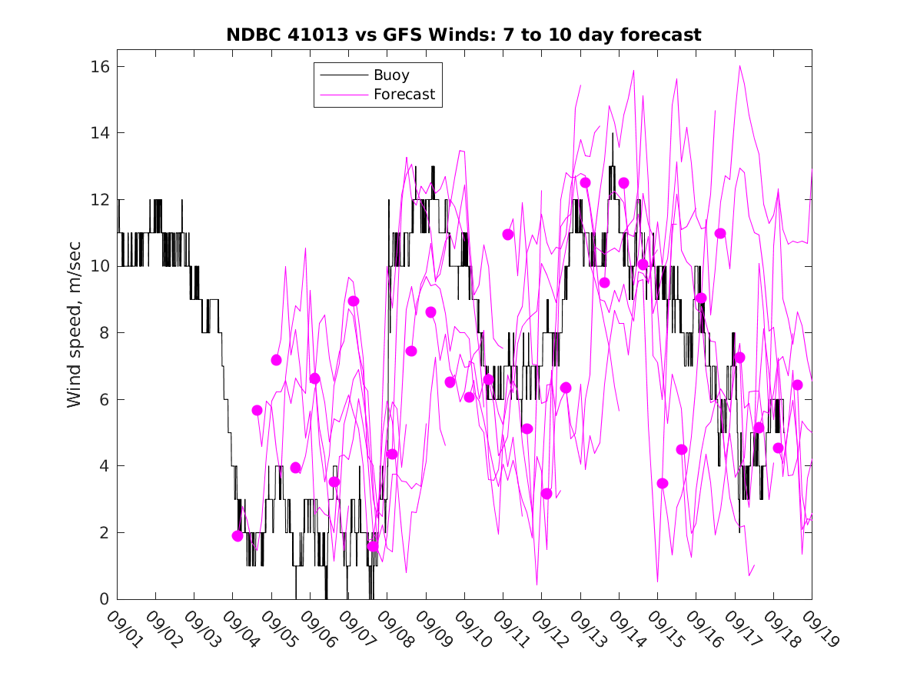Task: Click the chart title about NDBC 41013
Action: pyautogui.click(x=463, y=35)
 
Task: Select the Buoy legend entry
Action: pyautogui.click(x=391, y=75)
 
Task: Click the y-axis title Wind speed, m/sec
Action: pyautogui.click(x=74, y=333)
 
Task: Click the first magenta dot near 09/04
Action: pyautogui.click(x=238, y=536)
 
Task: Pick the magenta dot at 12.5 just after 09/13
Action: pyautogui.click(x=585, y=182)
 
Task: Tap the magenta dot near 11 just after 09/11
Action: pyautogui.click(x=508, y=234)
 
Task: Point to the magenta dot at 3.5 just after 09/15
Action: pyautogui.click(x=663, y=483)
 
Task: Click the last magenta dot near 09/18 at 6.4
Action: pyautogui.click(x=797, y=385)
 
